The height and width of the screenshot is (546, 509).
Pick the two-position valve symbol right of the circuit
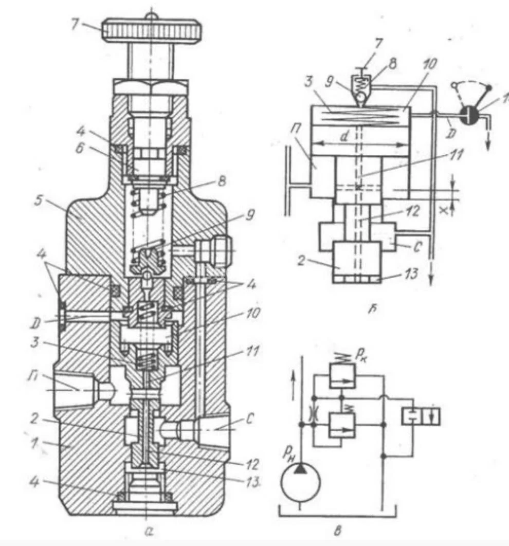coord(421,416)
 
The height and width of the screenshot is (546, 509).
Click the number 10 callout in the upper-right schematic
coord(430,64)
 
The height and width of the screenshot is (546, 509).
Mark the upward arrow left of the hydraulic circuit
coord(293,384)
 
